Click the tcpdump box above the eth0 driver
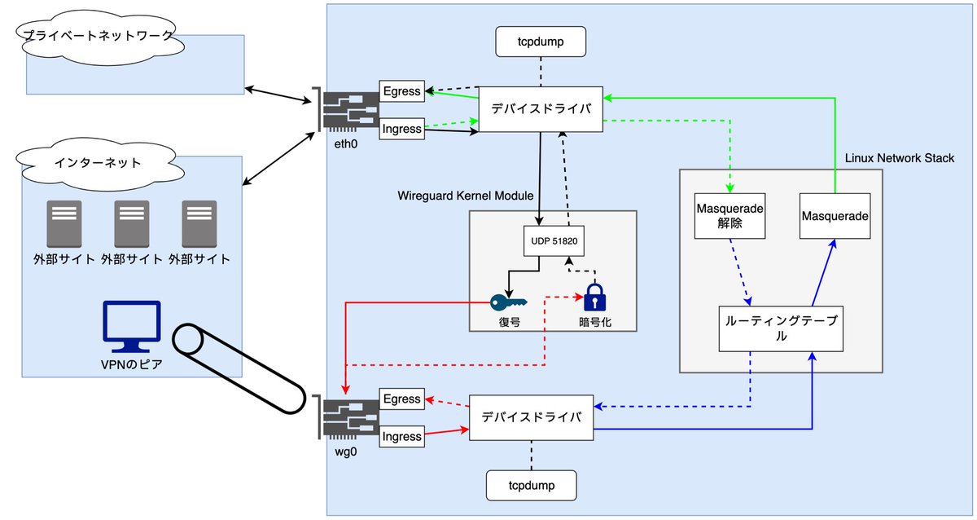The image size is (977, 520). coord(541,41)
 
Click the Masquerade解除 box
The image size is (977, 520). coord(730,216)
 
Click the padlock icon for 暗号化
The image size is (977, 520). coord(594,297)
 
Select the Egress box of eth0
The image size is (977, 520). coord(402,91)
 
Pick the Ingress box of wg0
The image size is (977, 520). coord(402,437)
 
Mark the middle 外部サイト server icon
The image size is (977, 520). coord(131,224)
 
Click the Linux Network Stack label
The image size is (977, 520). coord(899,157)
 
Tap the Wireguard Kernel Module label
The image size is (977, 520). coord(465,196)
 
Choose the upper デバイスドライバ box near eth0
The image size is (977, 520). coord(541,108)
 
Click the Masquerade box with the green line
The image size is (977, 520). coord(835,216)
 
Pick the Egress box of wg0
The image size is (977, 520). coord(402,399)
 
